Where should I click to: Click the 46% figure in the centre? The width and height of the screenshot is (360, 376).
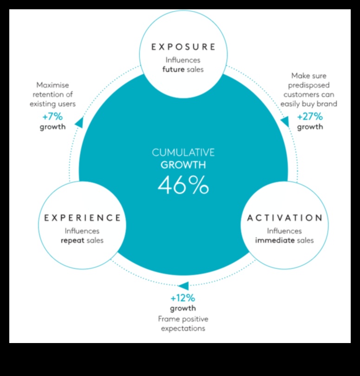(x=183, y=185)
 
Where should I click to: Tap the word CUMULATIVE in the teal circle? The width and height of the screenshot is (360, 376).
(x=183, y=152)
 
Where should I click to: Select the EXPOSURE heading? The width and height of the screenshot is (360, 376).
(x=184, y=46)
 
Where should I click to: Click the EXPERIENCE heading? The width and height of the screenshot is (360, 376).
(x=83, y=217)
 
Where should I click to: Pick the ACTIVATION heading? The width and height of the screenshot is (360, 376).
(x=284, y=217)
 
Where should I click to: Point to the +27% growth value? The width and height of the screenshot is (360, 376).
(x=309, y=117)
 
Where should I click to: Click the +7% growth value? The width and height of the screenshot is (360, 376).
(x=52, y=117)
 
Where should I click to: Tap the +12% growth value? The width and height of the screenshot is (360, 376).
(x=183, y=298)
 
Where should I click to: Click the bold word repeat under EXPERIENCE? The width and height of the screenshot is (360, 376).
(x=72, y=240)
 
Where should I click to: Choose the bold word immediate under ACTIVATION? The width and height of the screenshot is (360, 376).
(x=275, y=240)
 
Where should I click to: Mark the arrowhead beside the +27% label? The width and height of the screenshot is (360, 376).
(x=284, y=122)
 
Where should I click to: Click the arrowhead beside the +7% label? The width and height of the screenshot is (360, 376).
(x=79, y=123)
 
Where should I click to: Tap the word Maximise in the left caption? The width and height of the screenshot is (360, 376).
(x=52, y=85)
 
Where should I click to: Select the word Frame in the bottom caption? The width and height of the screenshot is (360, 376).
(x=169, y=319)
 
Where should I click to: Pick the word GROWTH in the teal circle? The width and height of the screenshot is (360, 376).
(x=183, y=164)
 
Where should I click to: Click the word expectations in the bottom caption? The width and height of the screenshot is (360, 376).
(x=183, y=329)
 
